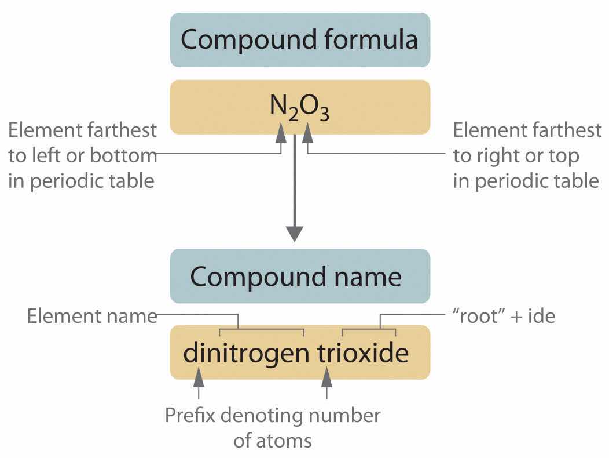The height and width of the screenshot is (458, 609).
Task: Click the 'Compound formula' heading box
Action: click(x=300, y=39)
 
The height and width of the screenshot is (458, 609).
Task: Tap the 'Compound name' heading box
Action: click(x=300, y=276)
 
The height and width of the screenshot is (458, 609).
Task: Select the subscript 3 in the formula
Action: click(x=325, y=114)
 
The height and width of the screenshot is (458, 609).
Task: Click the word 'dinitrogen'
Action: click(x=246, y=353)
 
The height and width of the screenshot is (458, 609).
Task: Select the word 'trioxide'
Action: click(x=363, y=352)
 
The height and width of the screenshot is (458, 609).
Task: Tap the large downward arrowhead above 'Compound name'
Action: click(x=295, y=234)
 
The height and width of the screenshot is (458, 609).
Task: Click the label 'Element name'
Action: click(x=92, y=315)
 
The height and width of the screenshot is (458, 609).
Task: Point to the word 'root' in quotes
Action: click(x=479, y=315)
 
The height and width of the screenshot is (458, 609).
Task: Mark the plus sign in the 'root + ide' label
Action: click(x=516, y=317)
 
